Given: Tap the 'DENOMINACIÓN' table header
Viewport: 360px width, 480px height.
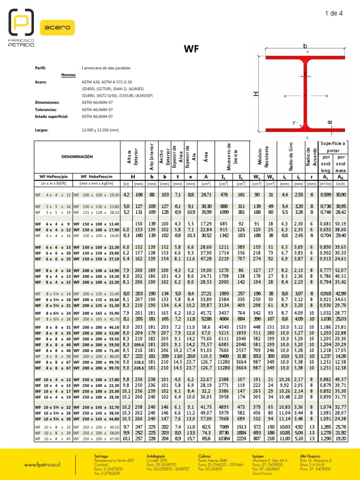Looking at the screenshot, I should pos(77,156).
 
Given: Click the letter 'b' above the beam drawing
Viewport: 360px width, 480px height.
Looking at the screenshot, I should pos(305,46).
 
